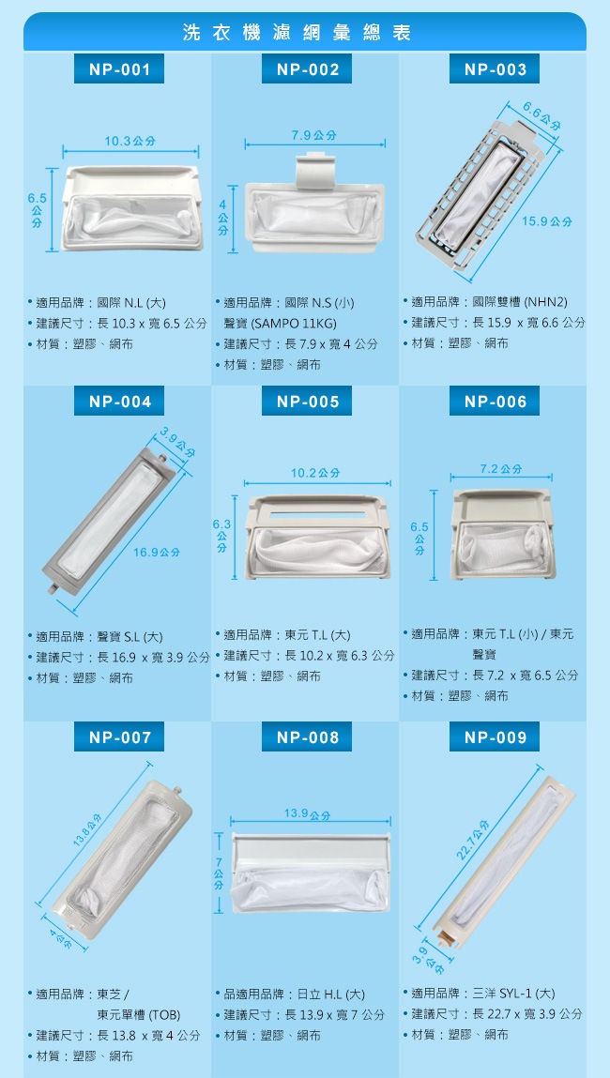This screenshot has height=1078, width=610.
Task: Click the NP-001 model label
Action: [x=119, y=68]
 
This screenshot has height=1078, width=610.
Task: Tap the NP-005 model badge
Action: [x=307, y=402]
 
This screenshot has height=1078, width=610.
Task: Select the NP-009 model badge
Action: [x=495, y=737]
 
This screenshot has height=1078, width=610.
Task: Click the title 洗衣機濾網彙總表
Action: [x=297, y=32]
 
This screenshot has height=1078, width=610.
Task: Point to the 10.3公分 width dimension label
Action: [x=130, y=141]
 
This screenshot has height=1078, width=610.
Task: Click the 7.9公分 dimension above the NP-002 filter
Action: [x=315, y=135]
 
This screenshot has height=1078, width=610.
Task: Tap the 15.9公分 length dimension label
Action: [x=547, y=221]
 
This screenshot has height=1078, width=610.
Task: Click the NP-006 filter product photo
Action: [x=503, y=534]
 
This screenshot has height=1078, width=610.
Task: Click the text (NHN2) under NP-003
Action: [x=545, y=302]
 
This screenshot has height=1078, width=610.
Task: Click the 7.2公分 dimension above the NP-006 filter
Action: [x=501, y=469]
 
